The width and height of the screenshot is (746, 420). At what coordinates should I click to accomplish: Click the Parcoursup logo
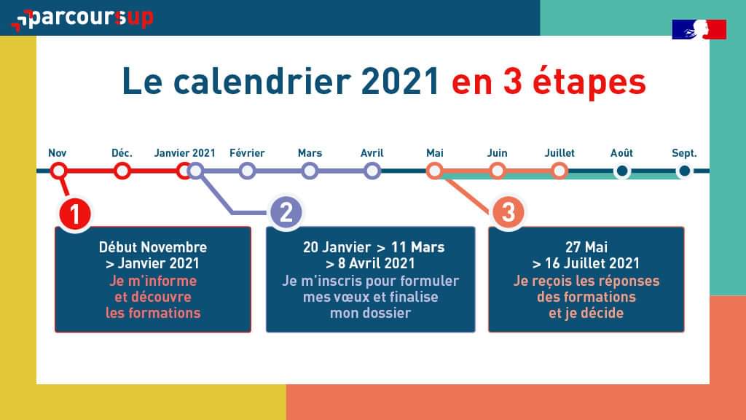click(x=82, y=18)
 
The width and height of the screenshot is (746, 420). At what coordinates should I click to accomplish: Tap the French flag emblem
click(x=699, y=29)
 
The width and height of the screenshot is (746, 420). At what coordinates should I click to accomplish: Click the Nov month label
click(x=58, y=153)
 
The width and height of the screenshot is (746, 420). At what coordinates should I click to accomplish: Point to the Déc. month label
click(x=122, y=153)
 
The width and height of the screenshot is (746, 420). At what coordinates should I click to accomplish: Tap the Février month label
click(x=247, y=153)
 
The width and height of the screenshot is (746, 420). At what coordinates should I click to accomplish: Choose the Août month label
click(x=621, y=153)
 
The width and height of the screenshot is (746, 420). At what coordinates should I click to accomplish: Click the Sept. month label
click(x=684, y=153)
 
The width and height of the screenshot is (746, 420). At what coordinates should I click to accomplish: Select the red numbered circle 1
click(x=74, y=214)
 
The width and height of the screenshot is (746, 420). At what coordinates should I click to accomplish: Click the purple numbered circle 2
click(x=286, y=213)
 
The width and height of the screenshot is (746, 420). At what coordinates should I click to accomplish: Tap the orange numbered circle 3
click(x=508, y=213)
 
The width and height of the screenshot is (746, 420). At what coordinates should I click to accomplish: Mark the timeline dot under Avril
click(x=372, y=171)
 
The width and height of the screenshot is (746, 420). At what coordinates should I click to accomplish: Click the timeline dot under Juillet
click(x=559, y=171)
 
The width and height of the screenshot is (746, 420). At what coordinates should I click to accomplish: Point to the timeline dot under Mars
click(x=310, y=171)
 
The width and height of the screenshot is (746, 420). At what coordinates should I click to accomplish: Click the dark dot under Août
click(x=621, y=171)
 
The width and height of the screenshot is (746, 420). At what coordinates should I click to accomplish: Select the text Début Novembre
click(x=153, y=247)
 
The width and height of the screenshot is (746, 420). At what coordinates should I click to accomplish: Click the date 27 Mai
click(x=586, y=247)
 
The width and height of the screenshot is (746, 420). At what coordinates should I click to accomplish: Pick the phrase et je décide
click(x=586, y=314)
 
